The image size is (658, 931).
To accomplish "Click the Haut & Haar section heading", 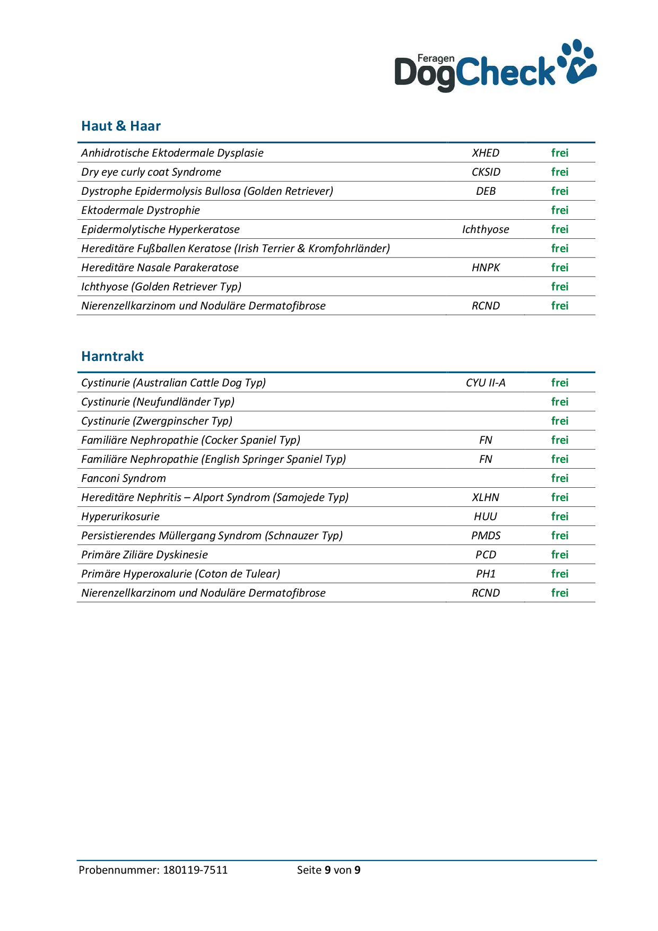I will click(x=121, y=126).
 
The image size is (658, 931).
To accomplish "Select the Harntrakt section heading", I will click(x=112, y=356).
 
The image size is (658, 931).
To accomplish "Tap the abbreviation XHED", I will click(x=486, y=153).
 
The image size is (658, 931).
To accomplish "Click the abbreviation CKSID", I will click(x=486, y=172).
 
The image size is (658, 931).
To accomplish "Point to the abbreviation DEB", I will click(x=486, y=191).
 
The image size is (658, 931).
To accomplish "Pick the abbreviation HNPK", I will click(x=486, y=268).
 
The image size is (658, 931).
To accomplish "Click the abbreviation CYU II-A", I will click(x=486, y=383).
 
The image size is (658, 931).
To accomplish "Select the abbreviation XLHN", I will click(x=486, y=497).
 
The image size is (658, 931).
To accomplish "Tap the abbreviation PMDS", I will click(x=486, y=536).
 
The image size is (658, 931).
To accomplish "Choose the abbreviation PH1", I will click(x=486, y=574).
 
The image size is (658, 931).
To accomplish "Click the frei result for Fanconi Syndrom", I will click(x=559, y=478).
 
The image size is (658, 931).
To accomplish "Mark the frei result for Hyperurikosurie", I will click(x=559, y=516).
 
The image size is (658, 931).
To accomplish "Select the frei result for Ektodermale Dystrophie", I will click(x=559, y=210).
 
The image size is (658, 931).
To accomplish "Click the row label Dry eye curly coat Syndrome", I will click(x=151, y=172).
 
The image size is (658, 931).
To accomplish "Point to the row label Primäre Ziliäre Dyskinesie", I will click(x=144, y=555).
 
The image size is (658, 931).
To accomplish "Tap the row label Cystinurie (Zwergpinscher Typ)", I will click(x=157, y=421).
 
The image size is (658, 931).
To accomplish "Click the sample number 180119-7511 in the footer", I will click(x=195, y=870).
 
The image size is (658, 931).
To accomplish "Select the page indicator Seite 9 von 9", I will click(x=328, y=870).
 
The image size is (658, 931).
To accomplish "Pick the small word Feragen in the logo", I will click(x=436, y=58).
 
